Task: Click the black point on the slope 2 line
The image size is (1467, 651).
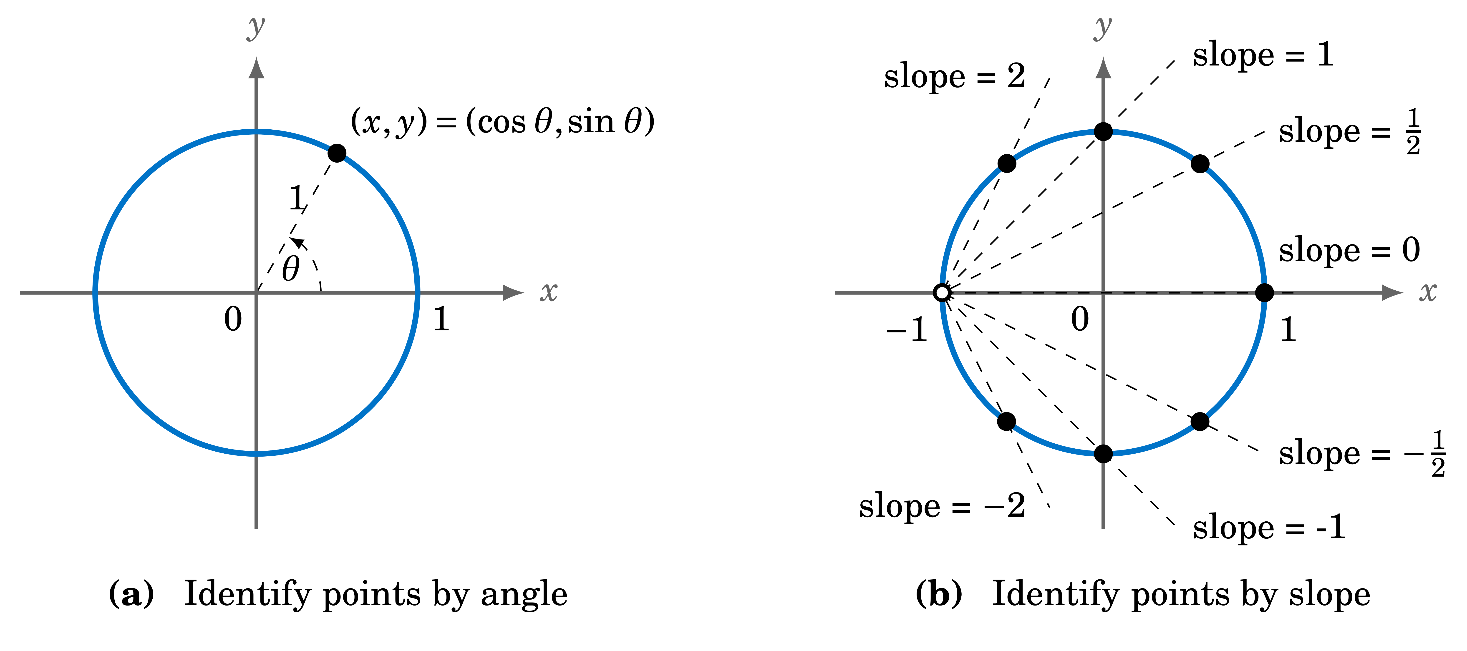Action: coord(1007,163)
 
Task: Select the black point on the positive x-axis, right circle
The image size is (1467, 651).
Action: coord(1264,293)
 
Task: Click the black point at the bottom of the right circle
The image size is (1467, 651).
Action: coord(1103,454)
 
